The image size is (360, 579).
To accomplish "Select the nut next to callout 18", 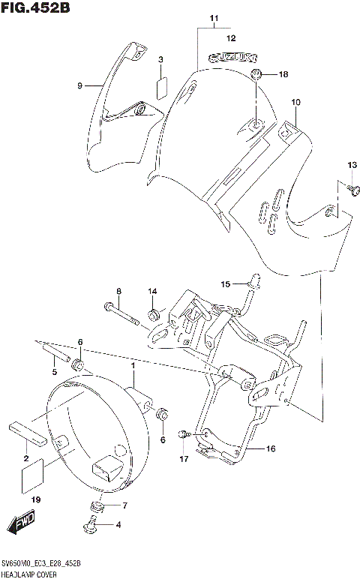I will coord(257,74).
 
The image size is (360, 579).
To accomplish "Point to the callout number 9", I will coord(78,86).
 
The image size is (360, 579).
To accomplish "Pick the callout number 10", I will coord(295,102).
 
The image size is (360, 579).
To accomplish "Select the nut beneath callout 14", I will coord(154,313).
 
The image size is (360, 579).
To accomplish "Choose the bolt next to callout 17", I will coord(184,435).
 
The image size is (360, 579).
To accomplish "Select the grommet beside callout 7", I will coord(94,505).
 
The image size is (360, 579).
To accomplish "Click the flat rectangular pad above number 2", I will coord(28,434).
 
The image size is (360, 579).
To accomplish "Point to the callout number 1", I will coord(132,365).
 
